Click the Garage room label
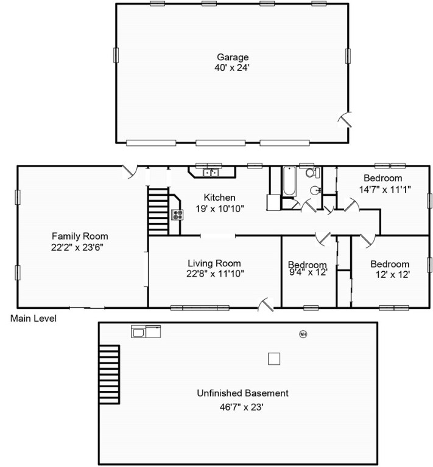(233, 57)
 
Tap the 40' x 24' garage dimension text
(231, 68)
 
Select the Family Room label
(80, 236)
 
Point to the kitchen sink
(211, 173)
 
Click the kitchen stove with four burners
(177, 215)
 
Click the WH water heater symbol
(303, 334)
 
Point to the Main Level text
(33, 319)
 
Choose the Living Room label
(214, 263)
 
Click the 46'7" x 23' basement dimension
(242, 407)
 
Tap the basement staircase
(109, 375)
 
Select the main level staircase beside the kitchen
(158, 211)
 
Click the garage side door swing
(345, 120)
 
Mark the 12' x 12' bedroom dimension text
(392, 274)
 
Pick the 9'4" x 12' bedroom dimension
(308, 272)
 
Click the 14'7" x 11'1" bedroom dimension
(385, 190)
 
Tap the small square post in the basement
(274, 359)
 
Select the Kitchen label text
(219, 198)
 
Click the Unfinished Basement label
(242, 393)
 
